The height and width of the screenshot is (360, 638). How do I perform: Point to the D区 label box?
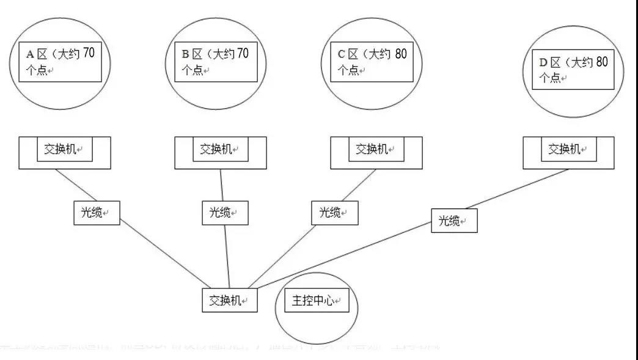574,70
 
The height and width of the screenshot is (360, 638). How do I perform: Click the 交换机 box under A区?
64,150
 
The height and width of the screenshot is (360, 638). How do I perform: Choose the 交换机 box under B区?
220,150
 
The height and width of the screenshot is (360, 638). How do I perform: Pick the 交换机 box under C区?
376,150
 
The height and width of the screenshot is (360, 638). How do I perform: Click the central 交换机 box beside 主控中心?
230,301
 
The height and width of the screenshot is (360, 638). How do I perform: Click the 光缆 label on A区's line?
97,213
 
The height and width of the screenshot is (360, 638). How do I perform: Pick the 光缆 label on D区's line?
454,221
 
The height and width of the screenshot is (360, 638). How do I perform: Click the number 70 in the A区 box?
89,53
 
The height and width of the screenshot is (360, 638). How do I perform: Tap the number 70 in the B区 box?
243,53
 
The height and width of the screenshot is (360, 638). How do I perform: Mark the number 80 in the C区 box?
400,53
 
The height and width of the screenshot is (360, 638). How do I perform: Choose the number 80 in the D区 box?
601,62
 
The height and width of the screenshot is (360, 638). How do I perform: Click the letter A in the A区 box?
29,54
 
